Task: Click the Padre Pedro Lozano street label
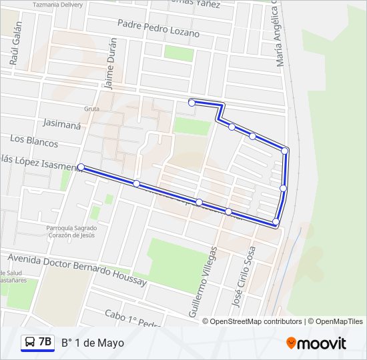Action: click(158, 27)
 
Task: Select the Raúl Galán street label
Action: click(16, 43)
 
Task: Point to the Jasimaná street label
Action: click(61, 123)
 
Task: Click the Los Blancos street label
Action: click(34, 141)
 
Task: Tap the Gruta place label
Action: click(91, 109)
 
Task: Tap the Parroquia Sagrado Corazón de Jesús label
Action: click(71, 231)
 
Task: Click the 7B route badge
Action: click(45, 342)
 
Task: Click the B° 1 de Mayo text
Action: click(93, 343)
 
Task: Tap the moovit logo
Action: click(316, 343)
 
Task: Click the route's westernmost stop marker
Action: click(81, 167)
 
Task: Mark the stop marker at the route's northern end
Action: click(192, 103)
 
